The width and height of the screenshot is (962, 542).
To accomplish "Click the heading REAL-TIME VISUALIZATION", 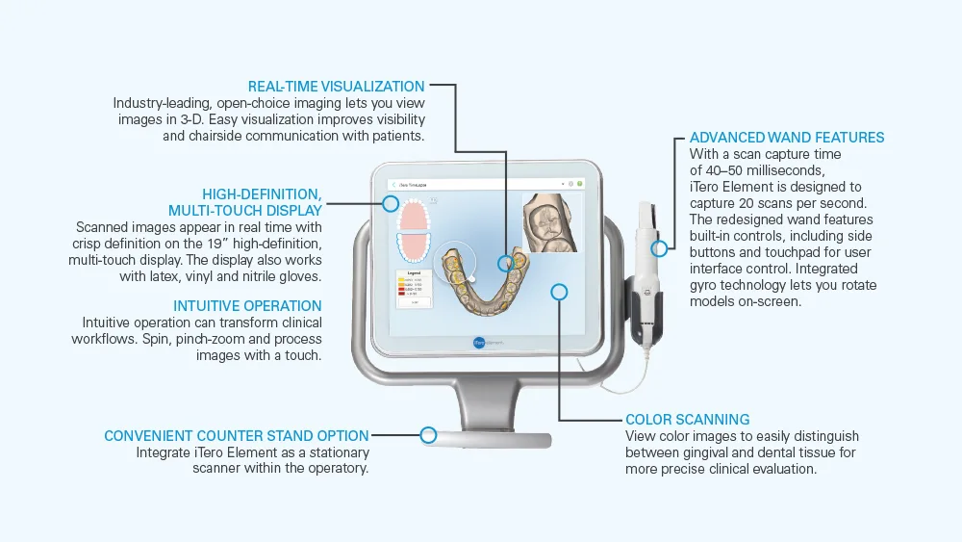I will (336, 86).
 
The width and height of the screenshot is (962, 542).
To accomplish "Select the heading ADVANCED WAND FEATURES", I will (787, 138).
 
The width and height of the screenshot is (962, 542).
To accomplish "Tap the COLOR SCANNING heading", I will (687, 420).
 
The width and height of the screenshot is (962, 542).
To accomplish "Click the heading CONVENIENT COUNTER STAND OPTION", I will (237, 436).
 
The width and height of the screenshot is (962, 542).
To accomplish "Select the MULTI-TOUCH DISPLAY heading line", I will (245, 210).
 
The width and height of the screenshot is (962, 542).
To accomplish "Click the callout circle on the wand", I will (659, 248).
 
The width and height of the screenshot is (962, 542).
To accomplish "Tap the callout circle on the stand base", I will (429, 435).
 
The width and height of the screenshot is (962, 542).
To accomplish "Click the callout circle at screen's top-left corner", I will (391, 203).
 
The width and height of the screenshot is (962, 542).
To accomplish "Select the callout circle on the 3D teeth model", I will (506, 263).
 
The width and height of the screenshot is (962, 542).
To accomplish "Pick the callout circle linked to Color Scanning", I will (560, 291).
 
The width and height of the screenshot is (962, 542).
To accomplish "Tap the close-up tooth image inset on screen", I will (555, 222).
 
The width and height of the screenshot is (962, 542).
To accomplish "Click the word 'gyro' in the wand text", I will (706, 285).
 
